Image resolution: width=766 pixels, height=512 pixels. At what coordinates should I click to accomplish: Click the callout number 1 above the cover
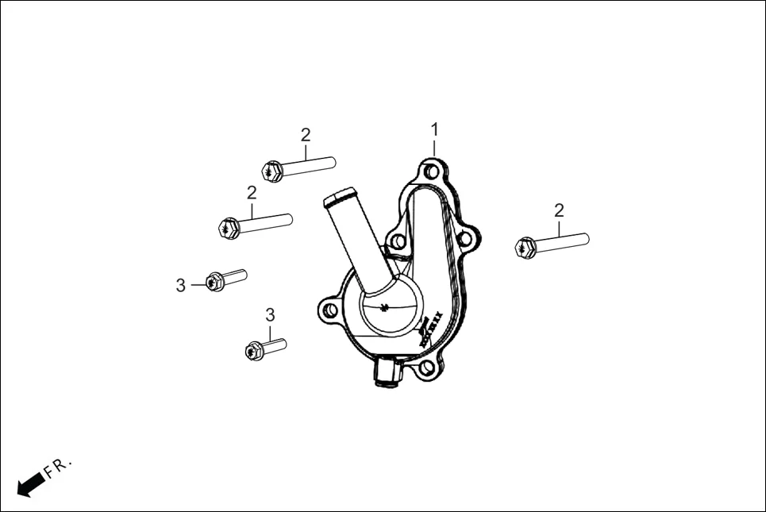pos(434,129)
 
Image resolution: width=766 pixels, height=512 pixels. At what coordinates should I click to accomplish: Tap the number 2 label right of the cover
pos(559,210)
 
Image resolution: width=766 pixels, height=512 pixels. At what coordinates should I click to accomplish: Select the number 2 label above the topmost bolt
pos(306,135)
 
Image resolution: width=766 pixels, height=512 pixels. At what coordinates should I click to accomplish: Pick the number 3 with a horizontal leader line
pos(181,285)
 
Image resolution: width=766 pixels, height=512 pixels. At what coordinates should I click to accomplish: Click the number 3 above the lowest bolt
pos(270,315)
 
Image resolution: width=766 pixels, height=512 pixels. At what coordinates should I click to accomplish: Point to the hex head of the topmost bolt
pos(271,171)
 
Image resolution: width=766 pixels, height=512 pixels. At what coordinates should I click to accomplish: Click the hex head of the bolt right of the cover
pos(525,248)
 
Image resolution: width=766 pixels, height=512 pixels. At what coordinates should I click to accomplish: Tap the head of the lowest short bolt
pos(254,349)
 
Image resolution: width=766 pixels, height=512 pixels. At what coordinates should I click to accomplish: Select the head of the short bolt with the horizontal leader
pos(214,281)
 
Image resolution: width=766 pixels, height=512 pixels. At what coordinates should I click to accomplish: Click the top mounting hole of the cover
pos(431,172)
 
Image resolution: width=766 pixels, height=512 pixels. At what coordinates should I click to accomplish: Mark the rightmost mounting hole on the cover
pos(467,237)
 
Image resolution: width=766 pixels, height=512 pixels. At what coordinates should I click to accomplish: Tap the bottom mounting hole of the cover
pos(428,368)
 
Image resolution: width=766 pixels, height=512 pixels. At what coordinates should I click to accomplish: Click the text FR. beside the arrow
pos(58,467)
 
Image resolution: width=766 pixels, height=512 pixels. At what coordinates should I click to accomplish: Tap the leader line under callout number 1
pos(434,148)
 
